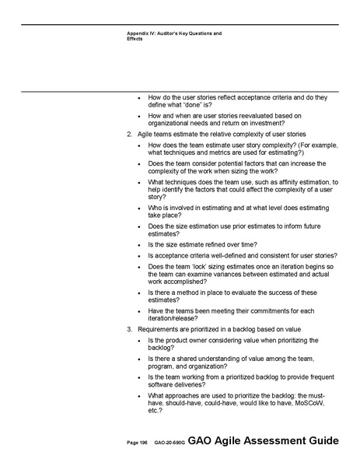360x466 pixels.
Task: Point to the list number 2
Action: point(129,135)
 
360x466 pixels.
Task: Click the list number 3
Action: point(129,330)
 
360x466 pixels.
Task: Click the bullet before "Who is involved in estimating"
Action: point(139,208)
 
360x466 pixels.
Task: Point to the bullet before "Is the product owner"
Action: point(139,341)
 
